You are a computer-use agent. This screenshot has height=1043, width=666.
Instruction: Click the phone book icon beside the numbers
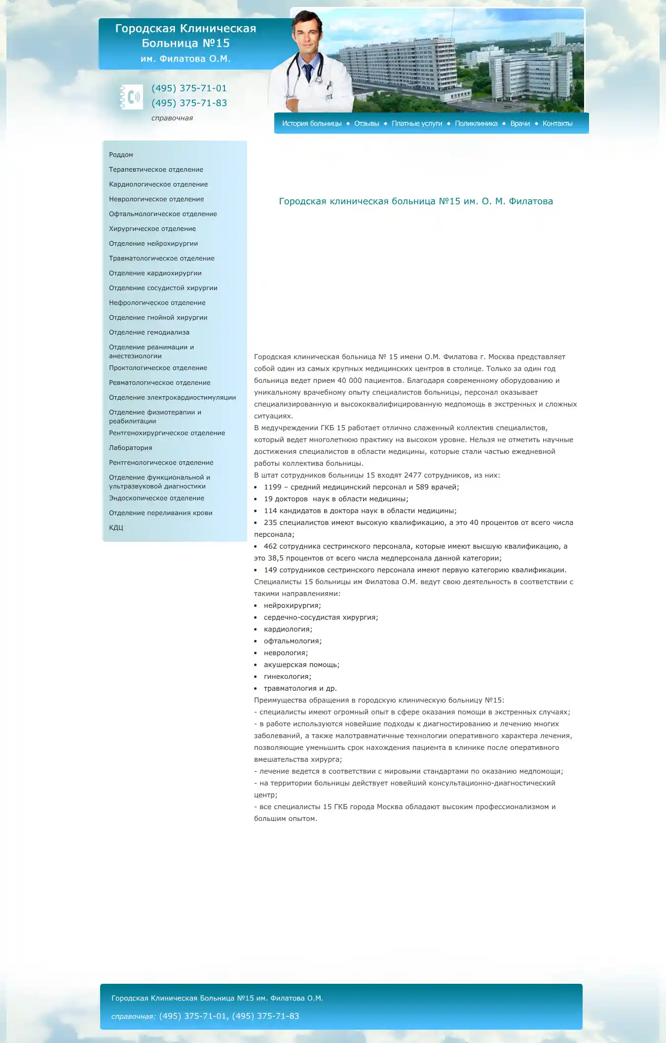click(x=132, y=97)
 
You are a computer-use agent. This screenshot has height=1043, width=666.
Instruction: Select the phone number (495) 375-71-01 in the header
click(x=189, y=88)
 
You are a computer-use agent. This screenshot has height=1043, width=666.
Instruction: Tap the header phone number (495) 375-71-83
click(x=189, y=103)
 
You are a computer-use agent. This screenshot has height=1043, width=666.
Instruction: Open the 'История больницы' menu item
click(x=312, y=123)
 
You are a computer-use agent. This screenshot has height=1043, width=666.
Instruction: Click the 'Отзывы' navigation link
click(x=367, y=123)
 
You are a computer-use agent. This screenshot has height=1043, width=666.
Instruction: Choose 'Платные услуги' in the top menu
click(x=417, y=123)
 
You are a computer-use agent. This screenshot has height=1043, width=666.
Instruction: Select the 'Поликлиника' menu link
click(x=476, y=123)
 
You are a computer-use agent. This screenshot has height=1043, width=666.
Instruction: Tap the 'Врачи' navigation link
click(x=520, y=123)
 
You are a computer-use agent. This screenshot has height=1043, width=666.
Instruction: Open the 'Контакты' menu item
click(x=557, y=123)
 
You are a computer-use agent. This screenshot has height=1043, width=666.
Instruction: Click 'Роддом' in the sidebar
click(x=121, y=155)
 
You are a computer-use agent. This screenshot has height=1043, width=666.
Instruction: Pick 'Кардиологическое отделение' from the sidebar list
click(x=158, y=185)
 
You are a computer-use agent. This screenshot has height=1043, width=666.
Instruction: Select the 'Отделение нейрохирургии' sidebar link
click(x=153, y=244)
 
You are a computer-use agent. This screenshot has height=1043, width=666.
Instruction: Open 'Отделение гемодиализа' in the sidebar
click(x=149, y=333)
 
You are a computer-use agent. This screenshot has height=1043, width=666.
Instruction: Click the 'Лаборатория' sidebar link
click(x=130, y=448)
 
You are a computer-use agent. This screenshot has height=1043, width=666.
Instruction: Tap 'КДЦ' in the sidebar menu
click(x=116, y=528)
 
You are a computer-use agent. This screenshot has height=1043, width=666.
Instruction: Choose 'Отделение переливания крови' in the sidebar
click(x=160, y=513)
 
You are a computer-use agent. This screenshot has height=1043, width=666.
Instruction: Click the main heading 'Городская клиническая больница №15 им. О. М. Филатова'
click(x=416, y=201)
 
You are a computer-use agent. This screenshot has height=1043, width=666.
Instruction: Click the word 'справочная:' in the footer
click(x=133, y=1016)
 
